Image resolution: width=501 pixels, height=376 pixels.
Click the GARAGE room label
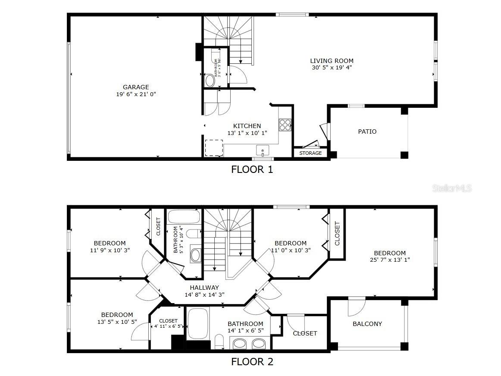pos(135,87)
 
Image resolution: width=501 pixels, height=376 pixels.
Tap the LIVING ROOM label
pos(332,61)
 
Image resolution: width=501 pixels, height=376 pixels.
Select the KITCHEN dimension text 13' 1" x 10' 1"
pos(247,133)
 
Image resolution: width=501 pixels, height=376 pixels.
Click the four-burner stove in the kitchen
pos(285,125)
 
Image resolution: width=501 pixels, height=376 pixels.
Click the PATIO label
pos(367,132)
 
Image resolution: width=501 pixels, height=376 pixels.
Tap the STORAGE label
pos(310,153)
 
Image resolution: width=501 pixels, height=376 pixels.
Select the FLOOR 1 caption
pos(252,169)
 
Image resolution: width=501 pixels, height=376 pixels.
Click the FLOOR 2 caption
pos(252,362)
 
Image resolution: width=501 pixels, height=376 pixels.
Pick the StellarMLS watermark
pos(451,188)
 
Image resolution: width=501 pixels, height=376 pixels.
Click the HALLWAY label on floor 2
pos(204,288)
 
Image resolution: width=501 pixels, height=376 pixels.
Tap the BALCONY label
pos(367,324)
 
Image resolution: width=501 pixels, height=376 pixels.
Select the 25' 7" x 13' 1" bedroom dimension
pos(389,260)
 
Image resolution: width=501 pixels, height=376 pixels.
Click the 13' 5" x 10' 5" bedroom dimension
pos(117,321)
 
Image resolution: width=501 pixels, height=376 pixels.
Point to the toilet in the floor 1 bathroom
pos(210,81)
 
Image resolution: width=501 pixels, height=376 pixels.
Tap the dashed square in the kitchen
pos(213,148)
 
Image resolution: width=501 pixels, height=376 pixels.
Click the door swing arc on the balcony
pos(357,307)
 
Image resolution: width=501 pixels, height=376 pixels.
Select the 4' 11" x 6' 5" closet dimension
pos(169,326)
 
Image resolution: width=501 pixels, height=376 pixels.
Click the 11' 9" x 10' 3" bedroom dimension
pos(110,250)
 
